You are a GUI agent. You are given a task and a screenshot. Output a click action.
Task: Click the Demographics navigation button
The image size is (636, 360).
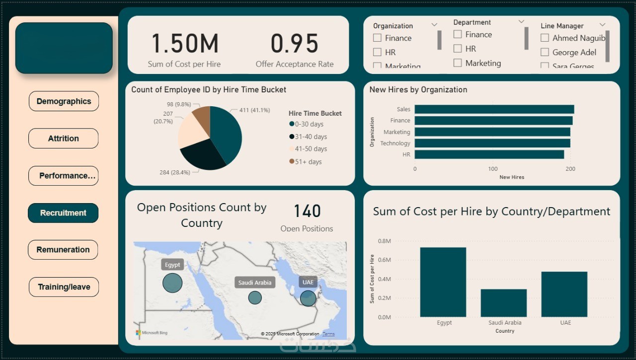tap(64, 101)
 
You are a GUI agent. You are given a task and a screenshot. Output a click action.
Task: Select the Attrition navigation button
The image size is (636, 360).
tap(63, 139)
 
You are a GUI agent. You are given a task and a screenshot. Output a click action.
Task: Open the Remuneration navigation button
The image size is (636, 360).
tap(63, 250)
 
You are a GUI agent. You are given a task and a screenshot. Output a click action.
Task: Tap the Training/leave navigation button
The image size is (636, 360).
tap(64, 287)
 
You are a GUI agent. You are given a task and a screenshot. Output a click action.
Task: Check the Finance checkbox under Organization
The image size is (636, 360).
tap(378, 38)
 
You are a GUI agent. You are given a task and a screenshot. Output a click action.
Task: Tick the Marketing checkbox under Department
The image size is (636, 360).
tap(458, 63)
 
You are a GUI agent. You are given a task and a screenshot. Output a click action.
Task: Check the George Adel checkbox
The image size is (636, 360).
tap(545, 52)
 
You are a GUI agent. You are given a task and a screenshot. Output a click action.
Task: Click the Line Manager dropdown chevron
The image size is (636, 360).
tap(602, 25)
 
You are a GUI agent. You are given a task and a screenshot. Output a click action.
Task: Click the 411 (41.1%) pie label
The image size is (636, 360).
tap(254, 110)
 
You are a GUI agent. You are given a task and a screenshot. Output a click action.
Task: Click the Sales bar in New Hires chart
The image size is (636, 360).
tap(494, 109)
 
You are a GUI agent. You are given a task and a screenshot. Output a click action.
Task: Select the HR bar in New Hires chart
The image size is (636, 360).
tap(489, 154)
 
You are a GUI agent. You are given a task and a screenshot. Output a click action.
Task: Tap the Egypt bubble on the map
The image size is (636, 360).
tap(172, 283)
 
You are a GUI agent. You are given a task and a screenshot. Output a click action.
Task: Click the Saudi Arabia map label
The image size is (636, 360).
tap(255, 283)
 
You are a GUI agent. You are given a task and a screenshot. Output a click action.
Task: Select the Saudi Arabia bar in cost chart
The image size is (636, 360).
tap(503, 303)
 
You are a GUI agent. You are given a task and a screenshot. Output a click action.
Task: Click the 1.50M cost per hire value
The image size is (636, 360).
tap(184, 44)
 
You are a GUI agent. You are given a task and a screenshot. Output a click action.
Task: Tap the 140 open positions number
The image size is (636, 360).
tap(307, 212)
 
